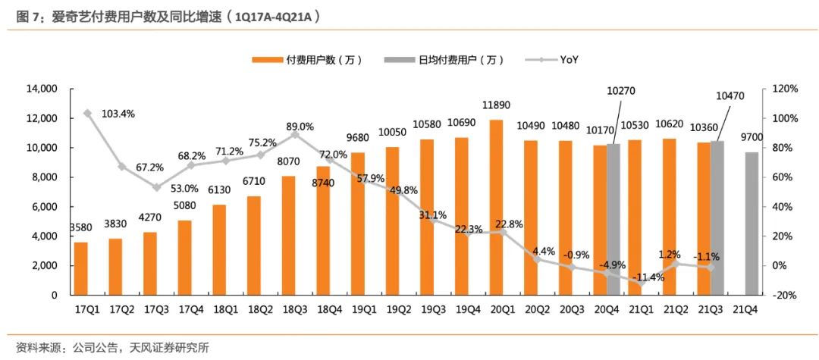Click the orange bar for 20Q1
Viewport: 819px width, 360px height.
[496, 207]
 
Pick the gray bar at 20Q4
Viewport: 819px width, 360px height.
[613, 219]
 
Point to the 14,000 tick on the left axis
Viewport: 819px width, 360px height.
[42, 89]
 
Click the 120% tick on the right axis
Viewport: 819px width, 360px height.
[785, 89]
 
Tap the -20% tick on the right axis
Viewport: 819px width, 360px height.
[785, 296]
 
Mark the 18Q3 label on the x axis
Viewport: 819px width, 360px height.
[295, 309]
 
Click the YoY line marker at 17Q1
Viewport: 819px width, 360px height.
[87, 114]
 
